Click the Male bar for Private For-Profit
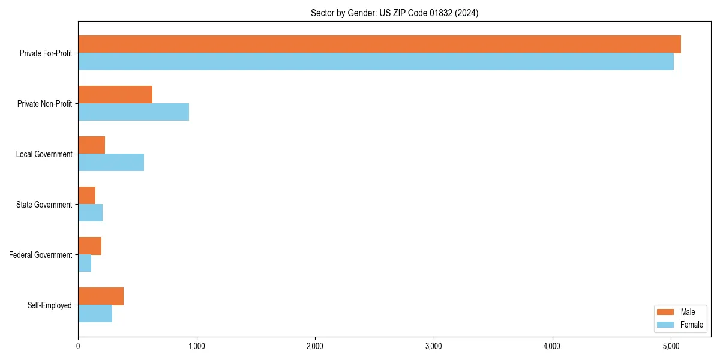379,44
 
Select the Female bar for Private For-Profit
376,62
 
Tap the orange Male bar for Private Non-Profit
115,95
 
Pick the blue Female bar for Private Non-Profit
133,112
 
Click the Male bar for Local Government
91,145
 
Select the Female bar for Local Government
111,163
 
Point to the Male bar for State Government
86,196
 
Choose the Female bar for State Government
90,213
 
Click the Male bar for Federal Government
89,246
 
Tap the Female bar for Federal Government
85,263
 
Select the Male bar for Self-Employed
101,296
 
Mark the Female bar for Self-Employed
95,314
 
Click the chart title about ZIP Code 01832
394,13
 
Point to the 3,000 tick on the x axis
433,346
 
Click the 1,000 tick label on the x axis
196,346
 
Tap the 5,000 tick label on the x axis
671,346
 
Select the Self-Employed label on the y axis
49,305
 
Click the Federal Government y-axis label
41,255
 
